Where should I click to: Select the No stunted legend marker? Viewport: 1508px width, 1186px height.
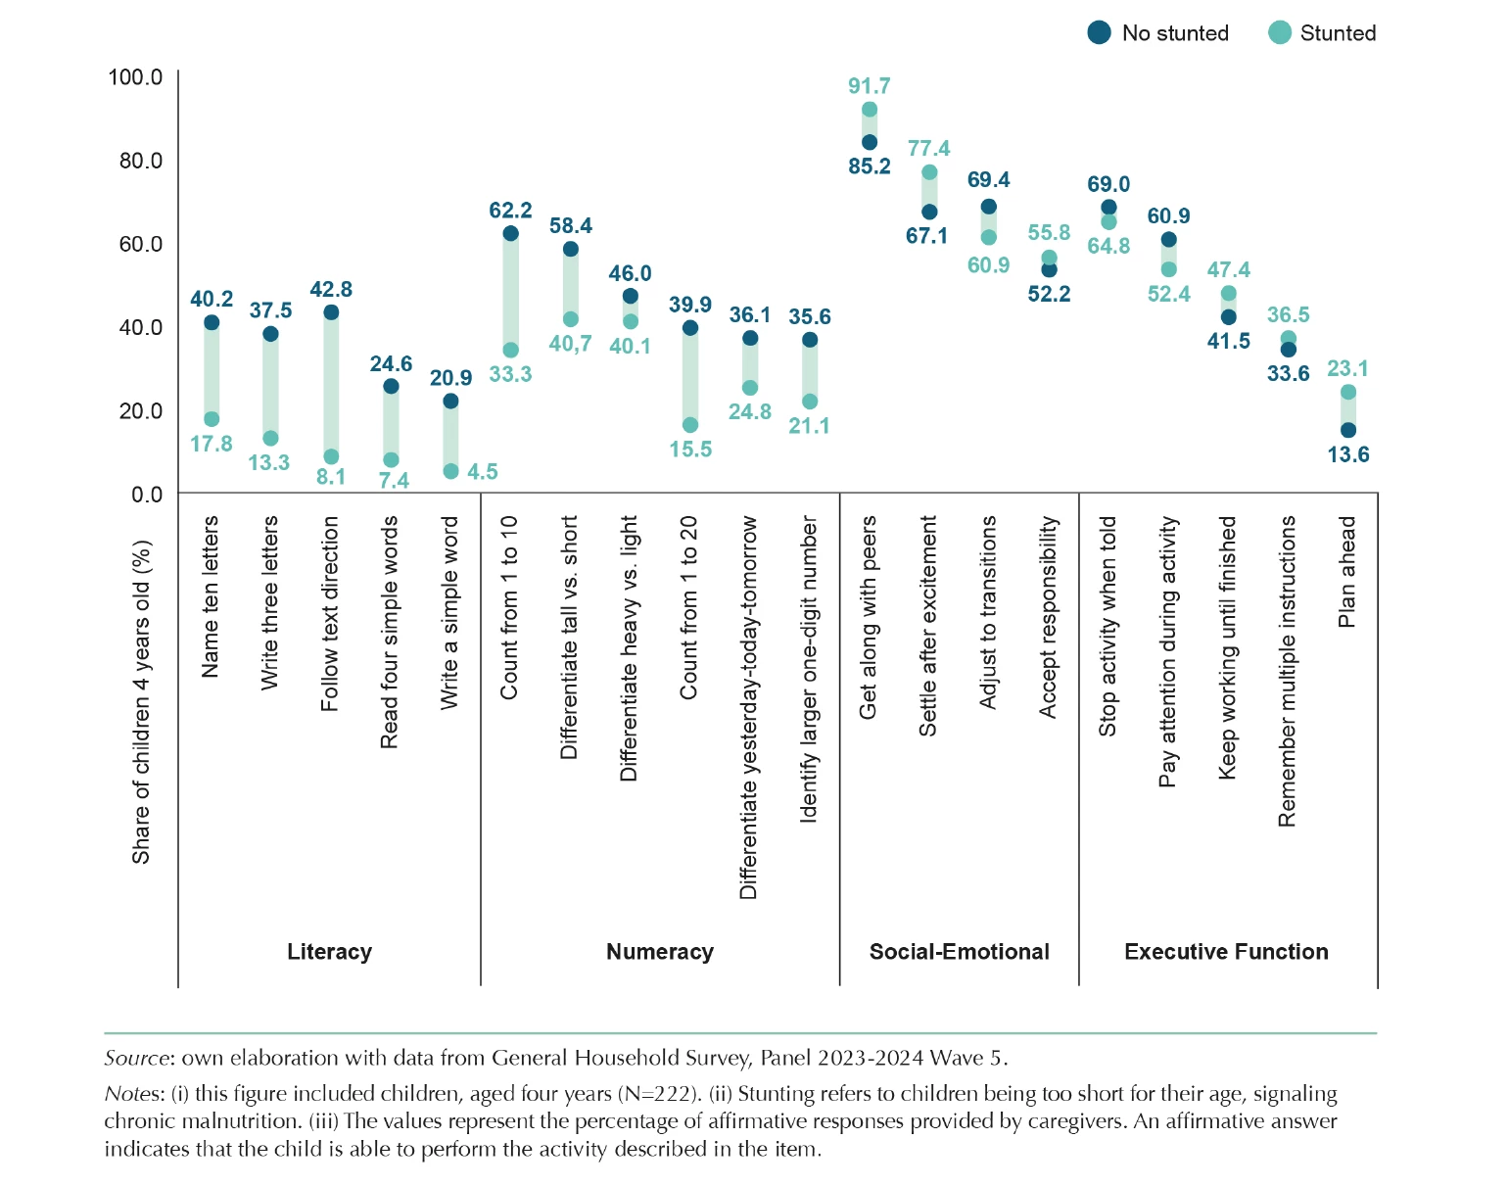[1100, 33]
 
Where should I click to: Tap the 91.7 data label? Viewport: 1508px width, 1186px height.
[869, 86]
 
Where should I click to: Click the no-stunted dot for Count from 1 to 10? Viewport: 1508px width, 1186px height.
[510, 233]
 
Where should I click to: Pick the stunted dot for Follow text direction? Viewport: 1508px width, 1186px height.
[331, 456]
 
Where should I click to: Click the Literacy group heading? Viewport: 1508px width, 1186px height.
[329, 952]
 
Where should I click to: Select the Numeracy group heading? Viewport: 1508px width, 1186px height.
[659, 952]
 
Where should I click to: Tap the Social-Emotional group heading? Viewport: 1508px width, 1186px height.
[959, 952]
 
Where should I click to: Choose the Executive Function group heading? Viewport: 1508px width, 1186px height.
[1226, 952]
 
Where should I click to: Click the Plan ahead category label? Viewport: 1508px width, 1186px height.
[1347, 572]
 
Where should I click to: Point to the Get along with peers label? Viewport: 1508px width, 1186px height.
[868, 617]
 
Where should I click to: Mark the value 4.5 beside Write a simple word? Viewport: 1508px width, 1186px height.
[483, 472]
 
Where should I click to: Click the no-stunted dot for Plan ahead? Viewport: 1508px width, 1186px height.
[1348, 430]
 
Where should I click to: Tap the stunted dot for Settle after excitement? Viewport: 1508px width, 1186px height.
[929, 172]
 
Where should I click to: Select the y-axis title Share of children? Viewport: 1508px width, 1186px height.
[142, 701]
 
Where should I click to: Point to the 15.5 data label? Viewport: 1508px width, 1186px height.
[690, 450]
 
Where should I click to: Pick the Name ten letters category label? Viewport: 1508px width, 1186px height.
[210, 596]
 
